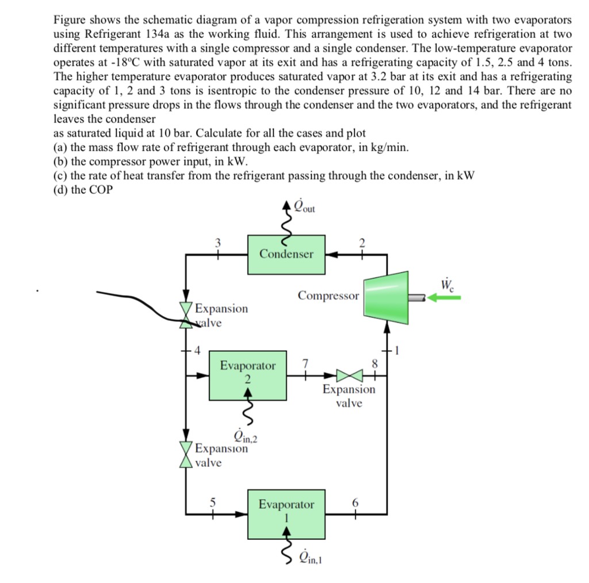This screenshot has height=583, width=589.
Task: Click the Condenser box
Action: click(286, 254)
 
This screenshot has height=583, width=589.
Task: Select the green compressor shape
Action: click(385, 297)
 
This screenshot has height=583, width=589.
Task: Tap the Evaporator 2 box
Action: click(248, 375)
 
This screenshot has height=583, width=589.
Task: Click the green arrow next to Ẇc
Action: click(443, 297)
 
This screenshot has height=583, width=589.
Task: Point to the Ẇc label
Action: click(445, 284)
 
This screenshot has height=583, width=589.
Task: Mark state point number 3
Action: click(217, 243)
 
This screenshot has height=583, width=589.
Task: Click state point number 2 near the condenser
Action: click(361, 243)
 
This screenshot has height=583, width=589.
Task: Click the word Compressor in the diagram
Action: click(328, 296)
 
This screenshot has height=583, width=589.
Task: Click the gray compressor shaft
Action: click(416, 297)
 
